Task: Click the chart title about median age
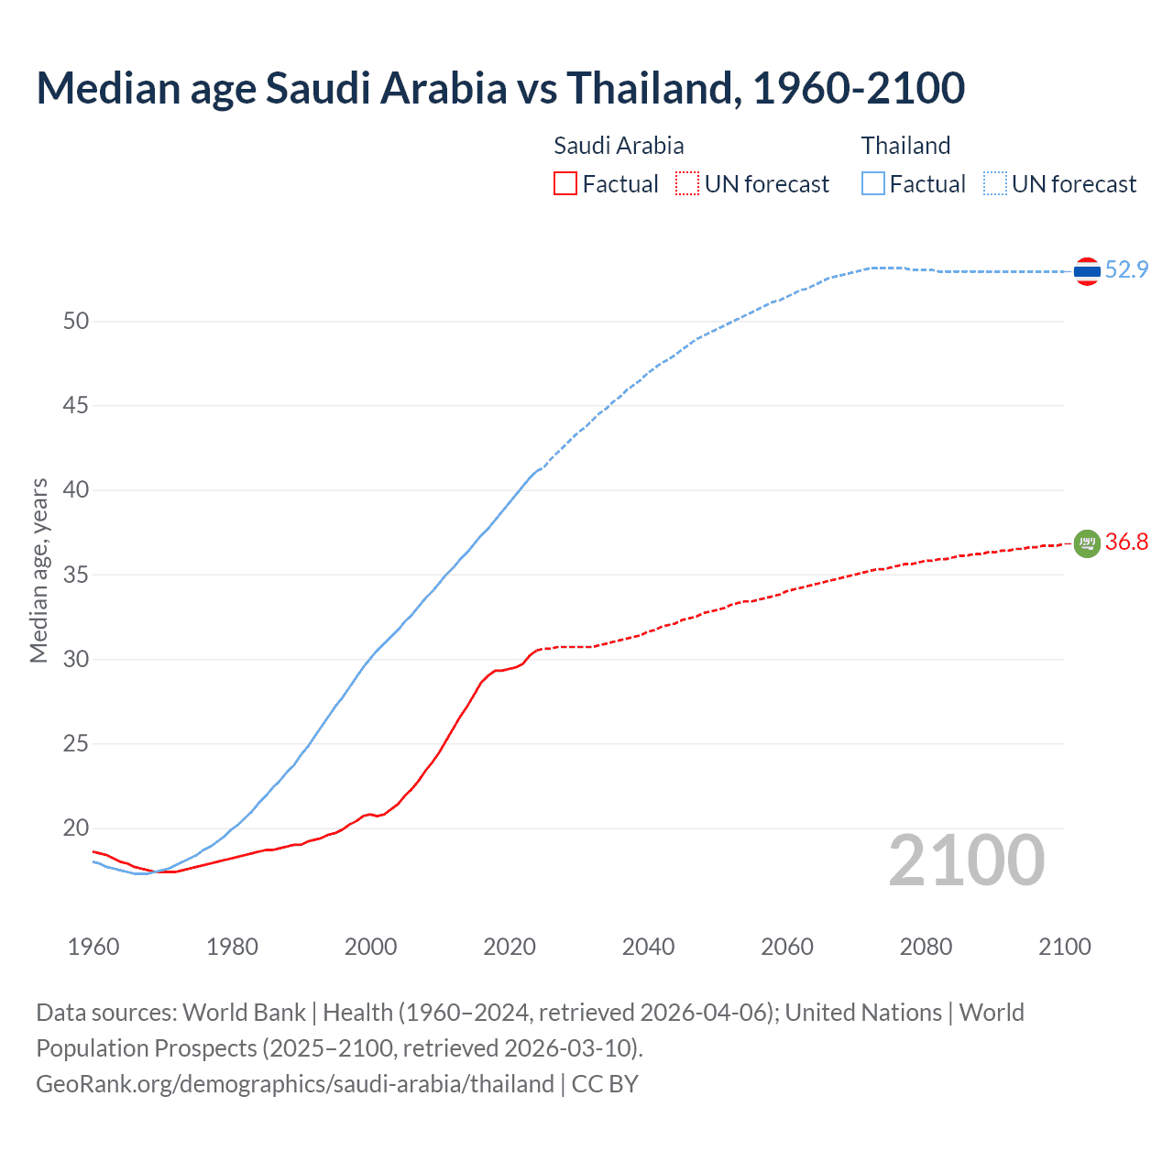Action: click(x=500, y=88)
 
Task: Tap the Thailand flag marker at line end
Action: click(x=1087, y=271)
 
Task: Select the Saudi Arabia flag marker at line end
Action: click(x=1087, y=543)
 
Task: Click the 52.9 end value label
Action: click(x=1126, y=269)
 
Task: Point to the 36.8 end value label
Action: click(x=1126, y=542)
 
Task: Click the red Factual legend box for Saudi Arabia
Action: click(x=565, y=184)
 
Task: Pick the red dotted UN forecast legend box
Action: click(x=687, y=184)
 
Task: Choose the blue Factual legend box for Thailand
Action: click(x=873, y=184)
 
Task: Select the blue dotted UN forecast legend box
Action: click(x=994, y=184)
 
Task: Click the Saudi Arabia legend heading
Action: click(x=619, y=146)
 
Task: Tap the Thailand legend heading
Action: click(x=905, y=146)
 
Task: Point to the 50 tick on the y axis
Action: click(x=76, y=321)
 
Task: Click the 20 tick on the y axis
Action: click(x=76, y=828)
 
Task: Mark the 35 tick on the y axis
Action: click(x=76, y=575)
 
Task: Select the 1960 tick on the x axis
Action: click(x=93, y=947)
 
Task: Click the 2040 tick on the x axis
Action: click(x=648, y=947)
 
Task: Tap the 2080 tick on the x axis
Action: click(x=926, y=947)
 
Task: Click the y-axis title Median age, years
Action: click(x=38, y=570)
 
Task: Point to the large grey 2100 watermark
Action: click(x=966, y=861)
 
